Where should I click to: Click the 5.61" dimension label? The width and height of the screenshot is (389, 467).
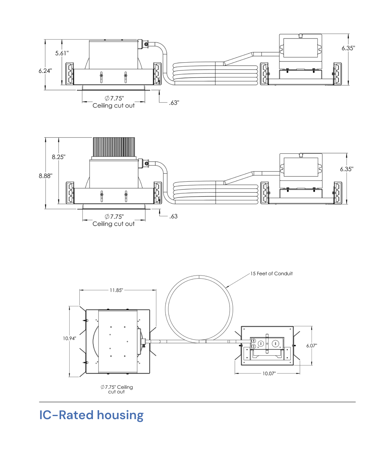pyautogui.click(x=62, y=53)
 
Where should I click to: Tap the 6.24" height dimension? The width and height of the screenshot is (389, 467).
pyautogui.click(x=45, y=71)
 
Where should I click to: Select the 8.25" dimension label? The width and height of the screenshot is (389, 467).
pyautogui.click(x=59, y=157)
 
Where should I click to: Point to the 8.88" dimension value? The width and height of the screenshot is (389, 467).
pyautogui.click(x=46, y=176)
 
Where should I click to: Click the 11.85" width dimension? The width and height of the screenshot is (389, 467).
pyautogui.click(x=116, y=290)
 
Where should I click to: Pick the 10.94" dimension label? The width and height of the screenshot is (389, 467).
pyautogui.click(x=69, y=338)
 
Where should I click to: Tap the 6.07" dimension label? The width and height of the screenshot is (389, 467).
pyautogui.click(x=312, y=346)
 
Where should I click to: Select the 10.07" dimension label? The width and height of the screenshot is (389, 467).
pyautogui.click(x=269, y=373)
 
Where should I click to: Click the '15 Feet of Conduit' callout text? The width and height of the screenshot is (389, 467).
pyautogui.click(x=272, y=273)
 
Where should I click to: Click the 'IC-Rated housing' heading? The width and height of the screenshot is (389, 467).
pyautogui.click(x=91, y=415)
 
